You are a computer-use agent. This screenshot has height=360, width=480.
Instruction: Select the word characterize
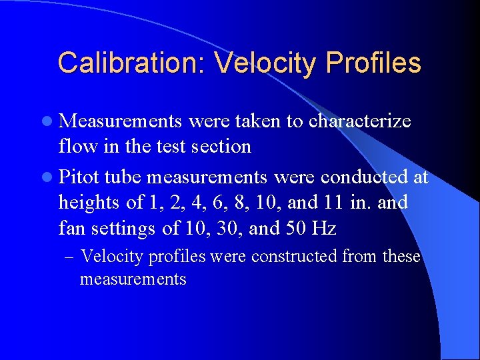pos(359,121)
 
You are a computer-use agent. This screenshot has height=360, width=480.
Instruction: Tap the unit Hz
pos(323,229)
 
